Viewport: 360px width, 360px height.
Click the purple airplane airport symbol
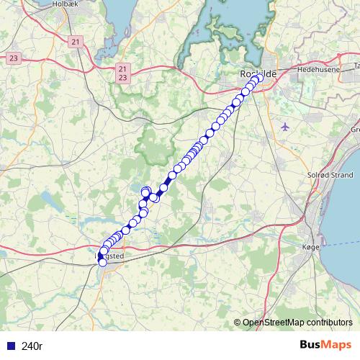click(x=286, y=127)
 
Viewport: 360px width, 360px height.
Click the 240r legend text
click(x=32, y=346)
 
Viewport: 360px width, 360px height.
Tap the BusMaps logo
click(x=325, y=345)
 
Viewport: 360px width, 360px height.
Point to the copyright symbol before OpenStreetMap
click(x=238, y=323)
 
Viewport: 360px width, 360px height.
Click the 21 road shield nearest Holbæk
click(x=77, y=43)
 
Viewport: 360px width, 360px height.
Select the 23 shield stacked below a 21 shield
click(x=123, y=77)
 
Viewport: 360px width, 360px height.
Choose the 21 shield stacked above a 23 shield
click(x=123, y=68)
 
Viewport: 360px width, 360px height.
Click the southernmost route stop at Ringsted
click(x=102, y=262)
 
